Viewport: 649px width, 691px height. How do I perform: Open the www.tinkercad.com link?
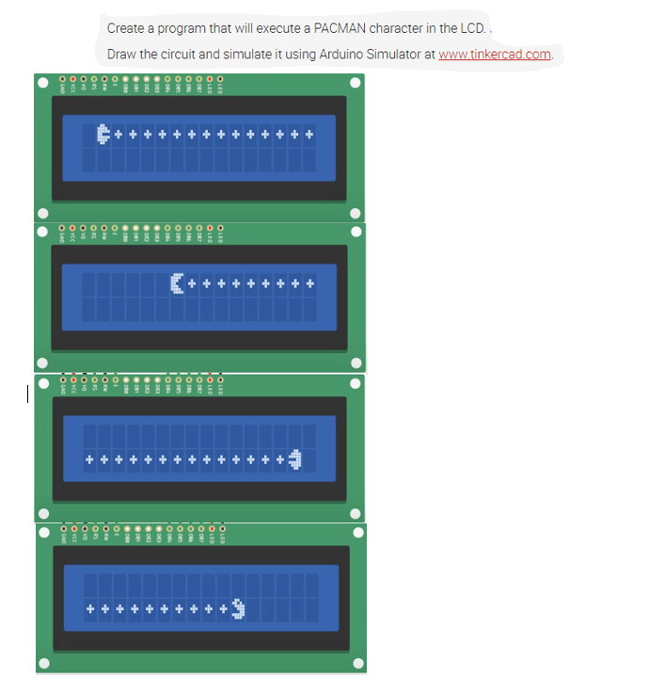495,54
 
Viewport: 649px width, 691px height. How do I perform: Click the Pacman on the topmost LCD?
103,135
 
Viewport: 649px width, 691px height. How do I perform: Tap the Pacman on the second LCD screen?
177,282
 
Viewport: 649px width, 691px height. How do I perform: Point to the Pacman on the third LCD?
295,459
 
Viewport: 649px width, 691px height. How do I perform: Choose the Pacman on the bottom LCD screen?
237,610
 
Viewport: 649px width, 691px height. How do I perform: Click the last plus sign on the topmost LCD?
309,135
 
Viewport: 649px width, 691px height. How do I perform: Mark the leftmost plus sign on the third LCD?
88,459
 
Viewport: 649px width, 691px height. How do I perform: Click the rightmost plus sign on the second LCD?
309,282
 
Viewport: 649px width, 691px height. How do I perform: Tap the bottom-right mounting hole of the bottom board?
356,665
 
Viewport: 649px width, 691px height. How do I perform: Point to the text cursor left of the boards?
28,394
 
